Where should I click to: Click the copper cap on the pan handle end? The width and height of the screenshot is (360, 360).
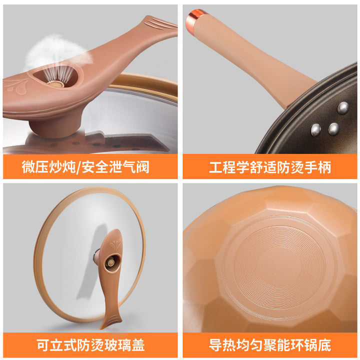(194, 19)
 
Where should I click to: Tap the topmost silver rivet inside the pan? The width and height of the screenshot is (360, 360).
(343, 108)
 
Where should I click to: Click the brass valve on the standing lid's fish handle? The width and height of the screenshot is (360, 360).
(111, 262)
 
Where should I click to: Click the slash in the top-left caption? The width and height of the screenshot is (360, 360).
(78, 167)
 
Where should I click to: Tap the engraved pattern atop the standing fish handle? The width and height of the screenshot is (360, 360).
(115, 244)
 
